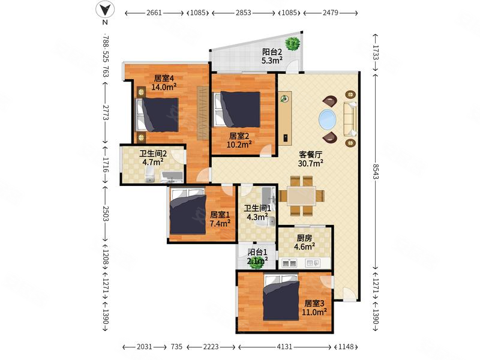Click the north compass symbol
pos(105,10)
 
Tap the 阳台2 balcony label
pos(272,52)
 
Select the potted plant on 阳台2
pos(293,43)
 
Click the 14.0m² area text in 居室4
pos(164,87)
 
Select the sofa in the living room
pos(350,119)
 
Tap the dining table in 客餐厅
pos(302,196)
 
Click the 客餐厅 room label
pos(310,155)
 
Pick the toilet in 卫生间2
pos(149,175)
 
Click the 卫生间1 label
pos(257,208)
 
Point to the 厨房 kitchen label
pos(304,238)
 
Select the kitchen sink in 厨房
pos(289,263)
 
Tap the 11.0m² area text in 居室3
pos(314,312)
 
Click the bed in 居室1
pos(188,212)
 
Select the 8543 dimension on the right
pos(376,176)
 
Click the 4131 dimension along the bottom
pos(284,347)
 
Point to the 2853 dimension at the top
pos(244,13)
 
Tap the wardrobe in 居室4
pos(202,112)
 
